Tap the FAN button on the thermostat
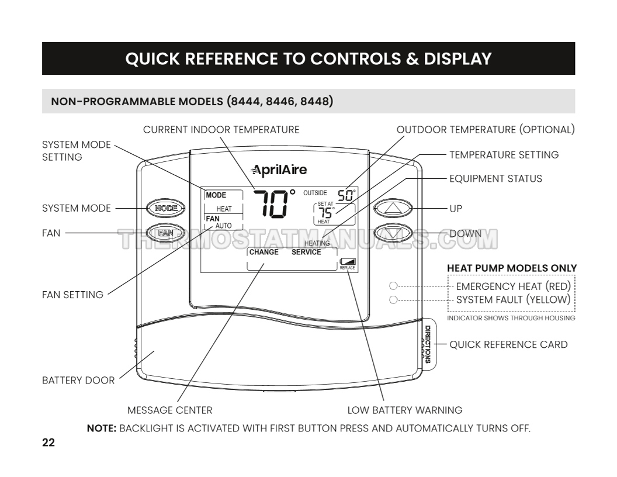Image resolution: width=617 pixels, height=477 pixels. click(166, 233)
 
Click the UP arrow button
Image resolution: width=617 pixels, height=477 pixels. click(393, 208)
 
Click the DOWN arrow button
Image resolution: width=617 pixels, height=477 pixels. click(393, 233)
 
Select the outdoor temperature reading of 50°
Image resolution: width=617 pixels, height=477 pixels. click(346, 195)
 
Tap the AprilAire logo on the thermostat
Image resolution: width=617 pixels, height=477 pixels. click(279, 170)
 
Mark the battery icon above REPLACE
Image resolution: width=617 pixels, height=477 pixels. click(348, 262)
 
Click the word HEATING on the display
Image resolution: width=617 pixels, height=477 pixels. click(317, 243)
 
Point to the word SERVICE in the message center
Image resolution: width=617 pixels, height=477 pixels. click(306, 253)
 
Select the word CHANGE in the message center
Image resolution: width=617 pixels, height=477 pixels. click(264, 253)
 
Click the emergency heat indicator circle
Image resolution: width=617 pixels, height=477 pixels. click(393, 286)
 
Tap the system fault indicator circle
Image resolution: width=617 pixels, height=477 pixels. click(393, 300)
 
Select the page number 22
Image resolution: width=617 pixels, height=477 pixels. click(48, 443)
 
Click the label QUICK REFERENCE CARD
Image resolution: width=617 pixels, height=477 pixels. click(508, 344)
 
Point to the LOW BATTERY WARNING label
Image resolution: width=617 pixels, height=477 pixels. click(404, 410)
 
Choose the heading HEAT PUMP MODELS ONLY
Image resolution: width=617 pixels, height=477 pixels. click(512, 268)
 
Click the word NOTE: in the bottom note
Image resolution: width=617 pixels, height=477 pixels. click(102, 428)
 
